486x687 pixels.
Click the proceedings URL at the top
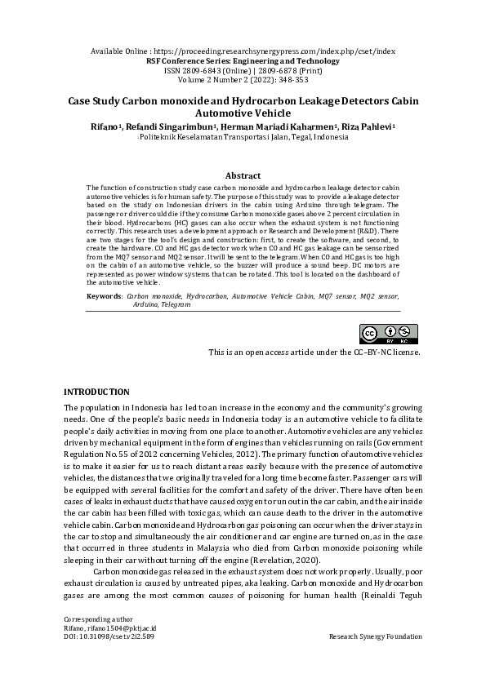click(x=273, y=51)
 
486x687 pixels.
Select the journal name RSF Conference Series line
click(x=243, y=60)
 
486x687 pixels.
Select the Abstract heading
click(x=243, y=175)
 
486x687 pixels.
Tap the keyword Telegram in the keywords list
click(x=175, y=304)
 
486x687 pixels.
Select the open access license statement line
click(x=314, y=352)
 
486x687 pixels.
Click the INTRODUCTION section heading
click(x=96, y=392)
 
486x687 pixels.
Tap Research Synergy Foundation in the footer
click(x=374, y=636)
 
